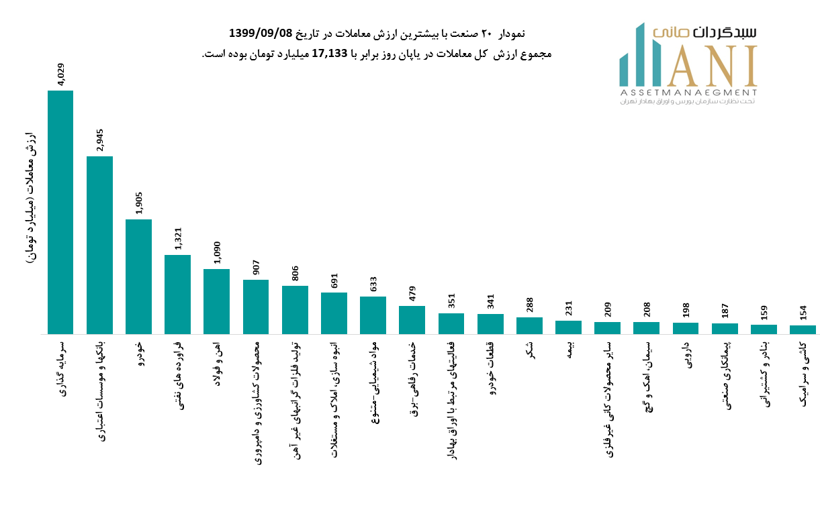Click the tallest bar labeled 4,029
60,212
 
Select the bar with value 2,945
99,245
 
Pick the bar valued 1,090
216,302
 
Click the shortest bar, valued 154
803,329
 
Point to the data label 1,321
178,239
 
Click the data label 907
256,267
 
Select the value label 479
412,294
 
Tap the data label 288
529,305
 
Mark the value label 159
764,313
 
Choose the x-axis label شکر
530,350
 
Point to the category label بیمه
569,350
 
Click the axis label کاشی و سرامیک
803,374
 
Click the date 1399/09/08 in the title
261,34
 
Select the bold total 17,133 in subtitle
330,54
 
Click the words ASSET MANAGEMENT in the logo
688,93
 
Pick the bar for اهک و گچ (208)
646,328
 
